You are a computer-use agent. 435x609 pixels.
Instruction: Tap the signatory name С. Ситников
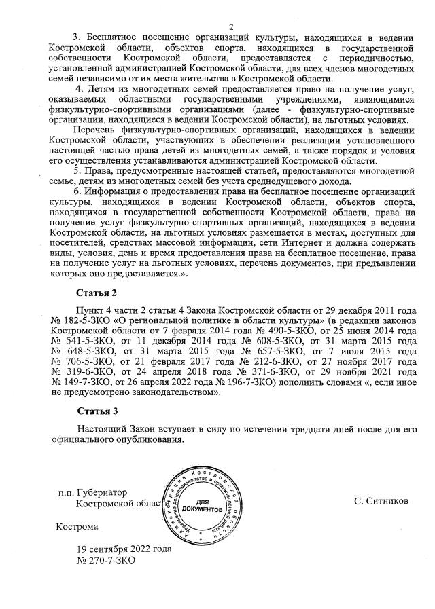coord(381,501)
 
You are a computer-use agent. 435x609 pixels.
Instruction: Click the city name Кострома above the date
coord(77,526)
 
